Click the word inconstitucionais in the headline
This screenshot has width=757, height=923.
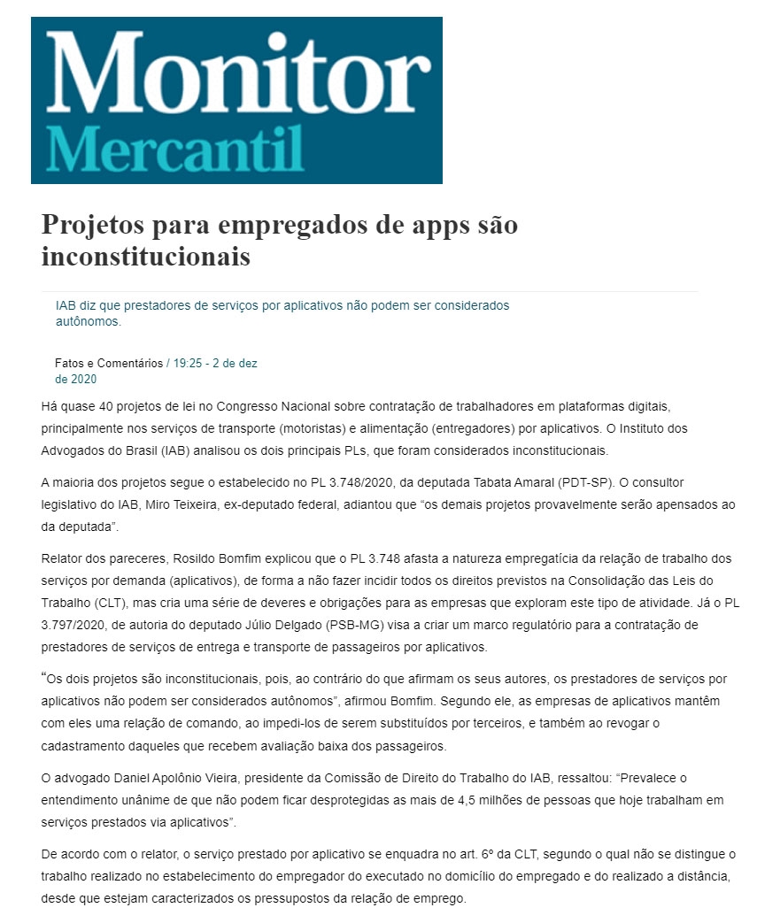point(145,257)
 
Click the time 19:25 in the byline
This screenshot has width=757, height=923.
point(188,364)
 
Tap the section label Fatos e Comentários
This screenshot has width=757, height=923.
point(109,364)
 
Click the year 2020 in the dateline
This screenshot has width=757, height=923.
point(84,380)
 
